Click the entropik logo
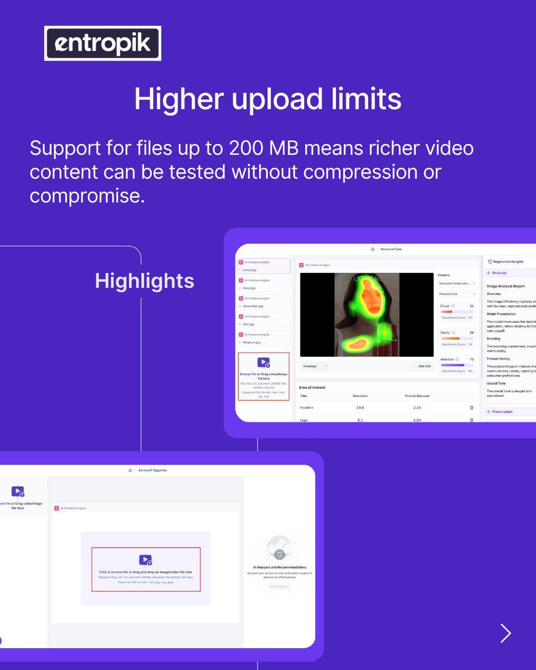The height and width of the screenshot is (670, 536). tap(103, 44)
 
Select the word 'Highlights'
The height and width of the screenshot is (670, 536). tap(144, 281)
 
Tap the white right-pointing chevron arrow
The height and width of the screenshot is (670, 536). tap(506, 633)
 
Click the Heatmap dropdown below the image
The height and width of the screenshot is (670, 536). tap(315, 366)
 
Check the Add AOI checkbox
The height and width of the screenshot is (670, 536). tap(415, 366)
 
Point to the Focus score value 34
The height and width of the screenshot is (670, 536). tap(471, 306)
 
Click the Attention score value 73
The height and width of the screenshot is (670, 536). tap(471, 360)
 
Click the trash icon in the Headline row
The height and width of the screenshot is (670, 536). tap(471, 408)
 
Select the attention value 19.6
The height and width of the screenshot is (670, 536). tap(360, 408)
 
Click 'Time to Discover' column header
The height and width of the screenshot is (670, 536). tap(417, 396)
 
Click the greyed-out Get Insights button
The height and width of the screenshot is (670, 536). tap(279, 587)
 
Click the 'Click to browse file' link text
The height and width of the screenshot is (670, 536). tap(114, 572)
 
